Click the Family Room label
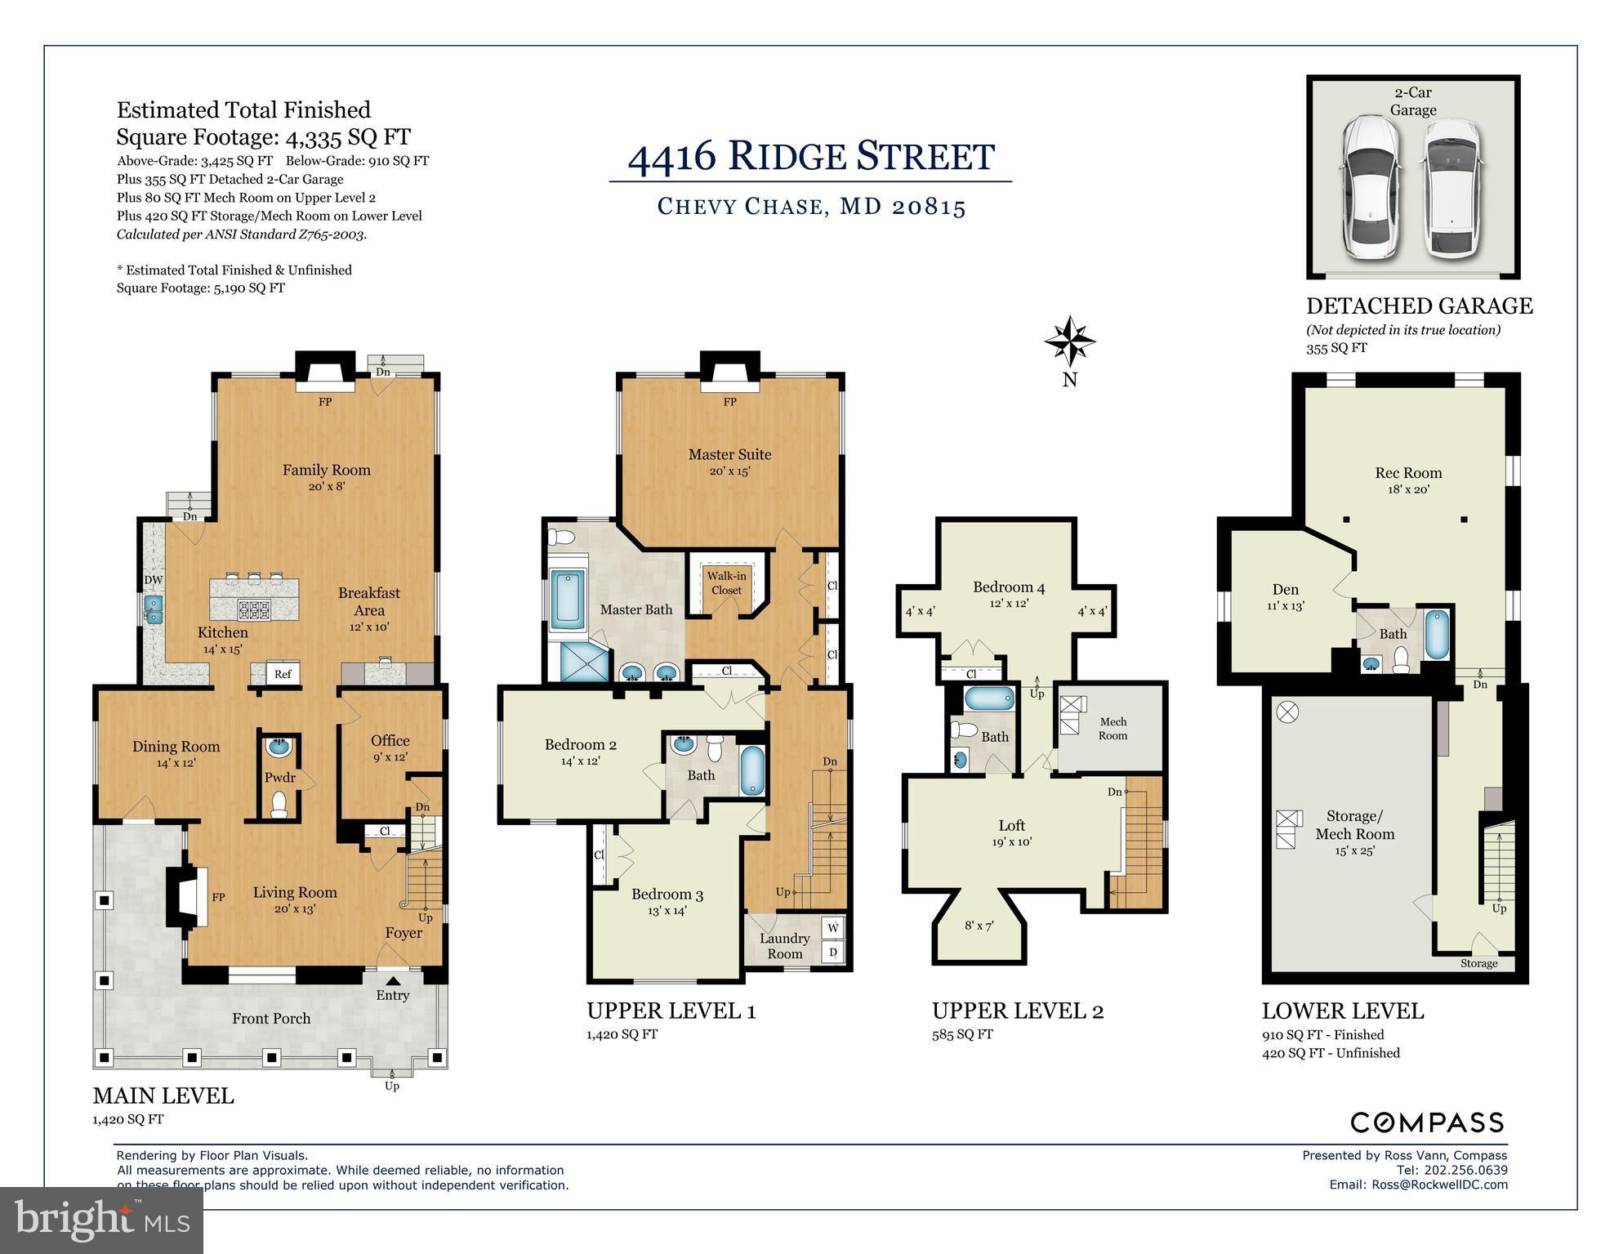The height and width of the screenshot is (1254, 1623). coord(326,470)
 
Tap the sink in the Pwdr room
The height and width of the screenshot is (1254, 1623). coord(279,747)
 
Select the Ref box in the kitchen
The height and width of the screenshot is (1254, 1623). coord(283,674)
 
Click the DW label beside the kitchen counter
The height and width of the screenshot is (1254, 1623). coord(153,580)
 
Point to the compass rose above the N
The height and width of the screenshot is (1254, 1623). coord(1069,341)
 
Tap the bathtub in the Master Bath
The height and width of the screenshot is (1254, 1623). coord(568,600)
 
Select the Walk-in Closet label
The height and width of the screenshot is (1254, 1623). coord(726,583)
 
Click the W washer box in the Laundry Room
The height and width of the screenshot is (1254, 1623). coord(832,927)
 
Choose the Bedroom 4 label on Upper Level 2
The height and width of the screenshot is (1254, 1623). coord(1009,587)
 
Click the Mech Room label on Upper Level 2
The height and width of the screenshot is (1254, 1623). coord(1112,728)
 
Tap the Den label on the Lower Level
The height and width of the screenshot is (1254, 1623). coord(1285,589)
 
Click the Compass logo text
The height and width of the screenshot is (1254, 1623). coord(1426,1122)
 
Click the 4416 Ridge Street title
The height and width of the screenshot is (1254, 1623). coord(810,156)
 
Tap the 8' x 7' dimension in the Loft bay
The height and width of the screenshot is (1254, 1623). coord(979,926)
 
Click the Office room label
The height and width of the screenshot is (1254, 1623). coord(390,740)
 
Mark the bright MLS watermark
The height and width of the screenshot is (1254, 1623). coord(101,1220)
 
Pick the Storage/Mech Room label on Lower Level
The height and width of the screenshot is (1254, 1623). coord(1354,825)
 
